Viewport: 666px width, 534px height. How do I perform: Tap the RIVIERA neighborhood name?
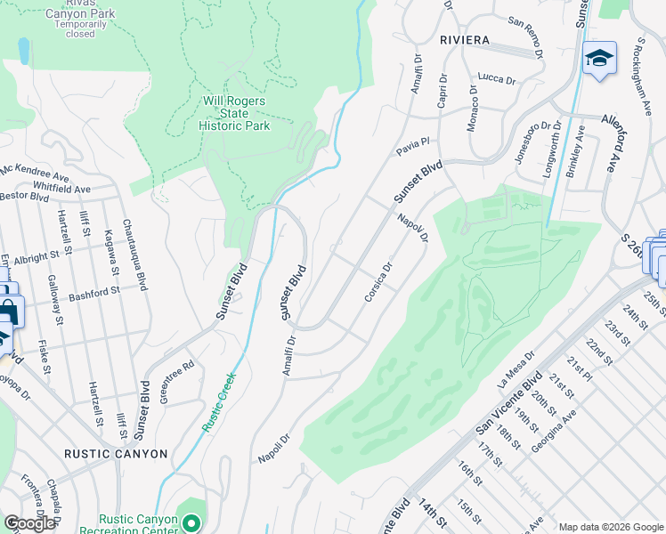pyautogui.click(x=464, y=40)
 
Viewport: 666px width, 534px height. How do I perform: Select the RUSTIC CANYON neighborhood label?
pyautogui.click(x=116, y=454)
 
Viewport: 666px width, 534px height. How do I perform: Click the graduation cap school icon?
pyautogui.click(x=599, y=60)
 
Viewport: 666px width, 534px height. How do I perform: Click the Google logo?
pyautogui.click(x=29, y=523)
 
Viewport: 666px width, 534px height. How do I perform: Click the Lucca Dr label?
pyautogui.click(x=497, y=79)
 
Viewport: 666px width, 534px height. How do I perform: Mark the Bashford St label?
pyautogui.click(x=94, y=293)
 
